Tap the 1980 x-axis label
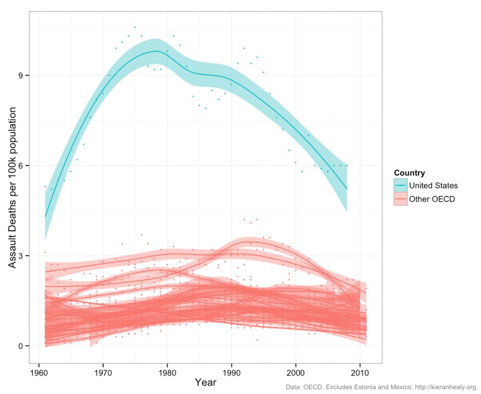(x=167, y=372)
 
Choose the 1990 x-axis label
(x=231, y=372)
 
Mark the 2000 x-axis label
(x=295, y=372)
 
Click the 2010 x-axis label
(x=360, y=372)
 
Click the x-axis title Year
(x=205, y=382)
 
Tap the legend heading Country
(x=409, y=173)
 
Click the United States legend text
(x=433, y=185)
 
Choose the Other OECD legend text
(x=431, y=198)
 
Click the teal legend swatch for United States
(x=400, y=185)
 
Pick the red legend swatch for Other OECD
(x=400, y=198)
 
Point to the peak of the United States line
(x=156, y=51)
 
